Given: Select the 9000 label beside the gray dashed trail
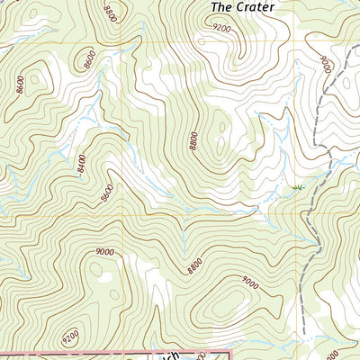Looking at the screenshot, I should [325, 66].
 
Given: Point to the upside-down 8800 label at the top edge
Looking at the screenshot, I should [109, 13].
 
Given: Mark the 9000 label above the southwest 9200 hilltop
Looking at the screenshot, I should [103, 253].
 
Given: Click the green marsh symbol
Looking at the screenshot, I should [297, 187].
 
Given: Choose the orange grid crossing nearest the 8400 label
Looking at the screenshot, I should [115, 216].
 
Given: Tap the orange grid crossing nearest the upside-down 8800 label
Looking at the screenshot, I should [115, 41].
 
